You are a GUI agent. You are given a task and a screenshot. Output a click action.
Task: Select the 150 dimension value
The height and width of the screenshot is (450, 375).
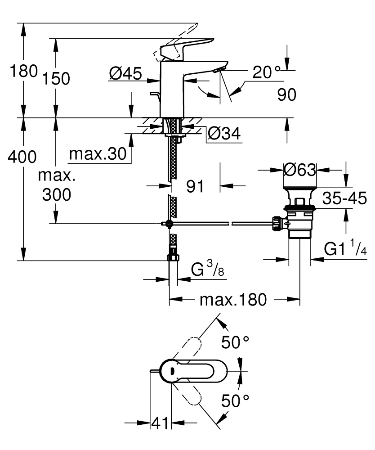[57, 79]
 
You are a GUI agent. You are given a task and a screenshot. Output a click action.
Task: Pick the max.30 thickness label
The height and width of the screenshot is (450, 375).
[97, 155]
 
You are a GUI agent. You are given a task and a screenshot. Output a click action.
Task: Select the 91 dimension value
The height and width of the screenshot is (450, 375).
[195, 186]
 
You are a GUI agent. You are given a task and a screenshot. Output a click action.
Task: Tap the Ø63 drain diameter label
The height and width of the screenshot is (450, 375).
[300, 170]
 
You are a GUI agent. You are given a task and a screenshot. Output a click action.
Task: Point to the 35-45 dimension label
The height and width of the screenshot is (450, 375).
[345, 198]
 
